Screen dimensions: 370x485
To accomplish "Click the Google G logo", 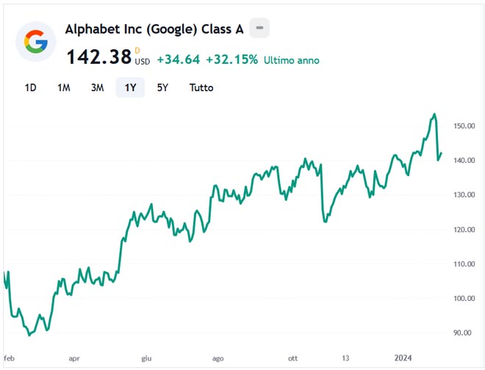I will [x=32, y=44].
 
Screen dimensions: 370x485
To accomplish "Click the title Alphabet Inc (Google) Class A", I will [x=154, y=29].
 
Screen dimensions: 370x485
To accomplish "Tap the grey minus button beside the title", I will [x=259, y=29].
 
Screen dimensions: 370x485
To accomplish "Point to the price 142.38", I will [x=98, y=57].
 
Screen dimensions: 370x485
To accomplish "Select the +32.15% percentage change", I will [x=231, y=59].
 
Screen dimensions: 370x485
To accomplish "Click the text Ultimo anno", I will [x=292, y=59].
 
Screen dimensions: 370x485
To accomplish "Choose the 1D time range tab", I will [x=30, y=87].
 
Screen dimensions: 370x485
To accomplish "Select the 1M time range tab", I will [x=64, y=87].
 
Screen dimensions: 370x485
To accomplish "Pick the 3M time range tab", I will [x=97, y=87].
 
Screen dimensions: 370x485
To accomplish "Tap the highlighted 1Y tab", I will [x=130, y=87].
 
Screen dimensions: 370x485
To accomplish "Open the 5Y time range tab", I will [x=162, y=87].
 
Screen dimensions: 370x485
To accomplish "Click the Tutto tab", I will [x=201, y=87].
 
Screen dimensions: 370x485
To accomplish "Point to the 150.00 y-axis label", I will [x=464, y=126].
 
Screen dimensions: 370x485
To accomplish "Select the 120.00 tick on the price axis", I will [x=464, y=230].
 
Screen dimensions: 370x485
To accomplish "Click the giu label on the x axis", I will [x=146, y=358].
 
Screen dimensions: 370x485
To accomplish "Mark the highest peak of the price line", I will [x=434, y=114].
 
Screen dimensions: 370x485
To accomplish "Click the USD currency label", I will [x=142, y=62].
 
